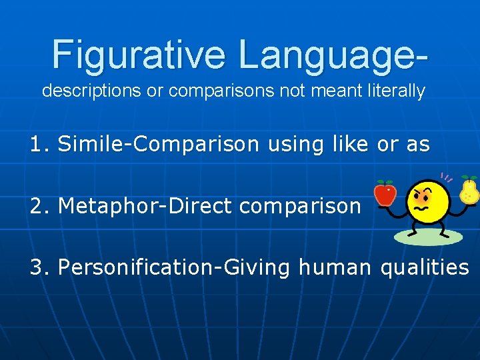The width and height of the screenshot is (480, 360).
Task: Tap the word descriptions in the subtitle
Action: click(x=91, y=91)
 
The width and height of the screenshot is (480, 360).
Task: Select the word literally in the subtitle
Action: click(x=395, y=91)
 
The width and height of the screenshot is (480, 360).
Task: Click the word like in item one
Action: click(x=350, y=144)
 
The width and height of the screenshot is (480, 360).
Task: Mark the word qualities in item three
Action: click(x=424, y=267)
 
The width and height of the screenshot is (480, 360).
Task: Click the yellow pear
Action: click(x=469, y=191)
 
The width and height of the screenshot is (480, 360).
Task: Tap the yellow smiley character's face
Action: click(x=427, y=201)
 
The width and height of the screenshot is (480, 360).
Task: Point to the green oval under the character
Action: click(x=428, y=237)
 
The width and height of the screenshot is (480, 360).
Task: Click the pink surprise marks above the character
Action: click(x=446, y=178)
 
